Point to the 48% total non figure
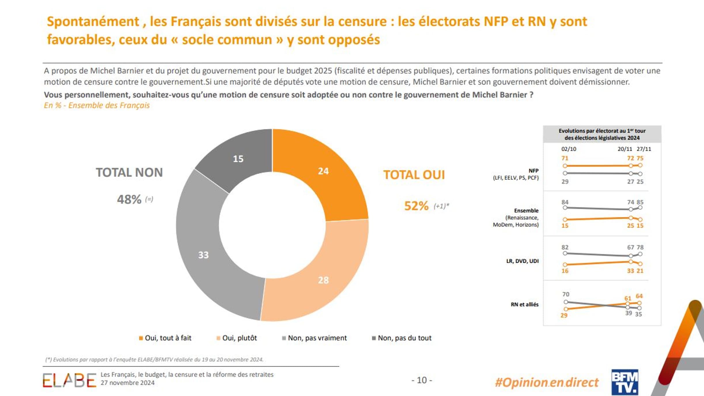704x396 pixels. coord(129,199)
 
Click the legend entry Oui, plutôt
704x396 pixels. coord(239,338)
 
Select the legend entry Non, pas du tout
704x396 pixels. coord(404,338)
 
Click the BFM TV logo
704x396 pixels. coord(624,382)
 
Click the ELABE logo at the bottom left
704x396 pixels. coord(69,380)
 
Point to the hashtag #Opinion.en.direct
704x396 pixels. coord(546,382)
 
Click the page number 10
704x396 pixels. coord(422,380)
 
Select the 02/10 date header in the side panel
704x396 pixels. coord(569,149)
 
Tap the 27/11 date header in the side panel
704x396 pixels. coord(644,149)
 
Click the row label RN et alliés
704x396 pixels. coord(524,304)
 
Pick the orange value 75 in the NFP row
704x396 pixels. coord(640,158)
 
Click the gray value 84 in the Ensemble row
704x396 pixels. coord(565,202)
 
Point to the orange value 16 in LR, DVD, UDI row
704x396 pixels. coord(565,271)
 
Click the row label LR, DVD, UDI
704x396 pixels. coord(522,261)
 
